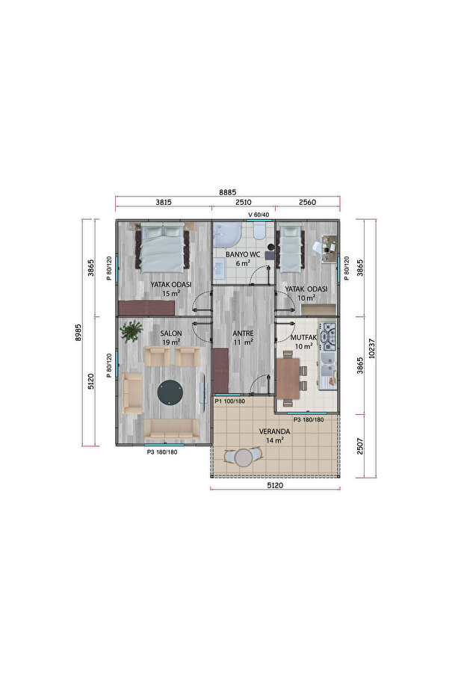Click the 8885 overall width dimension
(228, 192)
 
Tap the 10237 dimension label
(372, 349)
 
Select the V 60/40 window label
(259, 215)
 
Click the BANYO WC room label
(243, 254)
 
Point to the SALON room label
(171, 333)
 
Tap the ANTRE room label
(243, 333)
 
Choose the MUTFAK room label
(303, 337)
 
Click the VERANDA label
(274, 431)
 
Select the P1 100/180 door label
(230, 401)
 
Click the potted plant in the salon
(132, 331)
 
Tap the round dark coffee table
(170, 392)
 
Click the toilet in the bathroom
(259, 231)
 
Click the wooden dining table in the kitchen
(288, 378)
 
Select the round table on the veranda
(243, 458)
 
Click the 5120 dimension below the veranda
(275, 485)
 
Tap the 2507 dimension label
(359, 446)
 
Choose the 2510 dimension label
(244, 202)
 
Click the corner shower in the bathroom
(226, 235)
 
